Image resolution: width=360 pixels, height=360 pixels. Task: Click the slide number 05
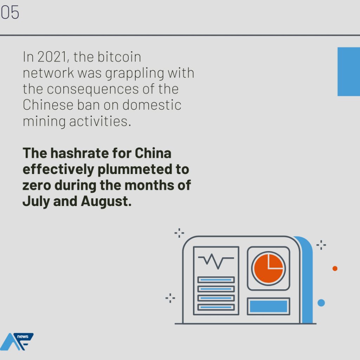[x=9, y=12]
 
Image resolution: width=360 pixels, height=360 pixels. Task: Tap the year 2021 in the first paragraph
[x=52, y=57]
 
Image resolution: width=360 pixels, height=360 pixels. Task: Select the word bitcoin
[x=119, y=57]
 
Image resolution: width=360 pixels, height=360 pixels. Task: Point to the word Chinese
[x=48, y=105]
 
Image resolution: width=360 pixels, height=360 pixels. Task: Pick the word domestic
[x=152, y=105]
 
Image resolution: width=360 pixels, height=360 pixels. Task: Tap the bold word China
[x=153, y=153]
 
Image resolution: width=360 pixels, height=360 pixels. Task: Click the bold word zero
[x=37, y=186]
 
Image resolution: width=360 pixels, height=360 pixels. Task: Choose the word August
[x=106, y=202]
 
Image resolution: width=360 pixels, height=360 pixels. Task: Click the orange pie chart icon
[x=268, y=268]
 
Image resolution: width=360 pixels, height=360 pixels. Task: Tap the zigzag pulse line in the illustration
[x=216, y=261]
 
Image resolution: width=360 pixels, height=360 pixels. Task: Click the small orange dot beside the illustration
[x=335, y=268]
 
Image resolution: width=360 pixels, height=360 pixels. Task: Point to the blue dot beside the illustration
[x=321, y=303]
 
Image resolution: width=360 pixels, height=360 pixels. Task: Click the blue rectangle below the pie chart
[x=268, y=306]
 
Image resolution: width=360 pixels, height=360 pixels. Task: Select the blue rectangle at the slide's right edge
[x=349, y=72]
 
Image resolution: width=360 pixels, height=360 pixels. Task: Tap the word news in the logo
[x=23, y=336]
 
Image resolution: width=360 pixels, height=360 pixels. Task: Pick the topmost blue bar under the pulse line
[x=216, y=279]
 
